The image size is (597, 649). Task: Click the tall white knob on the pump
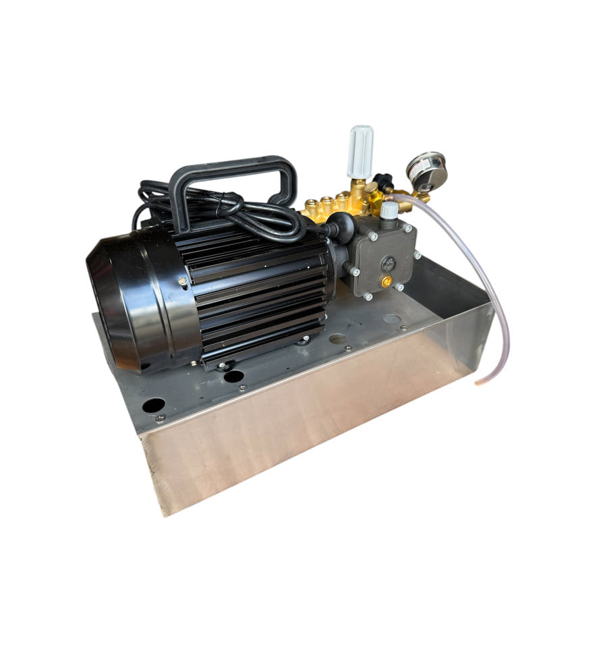click(x=360, y=152)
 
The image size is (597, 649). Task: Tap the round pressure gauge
click(x=427, y=173)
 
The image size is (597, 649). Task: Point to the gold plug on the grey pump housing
click(x=386, y=282)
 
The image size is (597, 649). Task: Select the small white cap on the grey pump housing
click(x=389, y=210)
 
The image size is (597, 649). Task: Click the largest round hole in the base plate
click(x=154, y=405)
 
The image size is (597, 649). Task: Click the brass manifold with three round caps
click(x=331, y=205)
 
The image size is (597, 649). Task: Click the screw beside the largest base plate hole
click(x=160, y=419)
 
